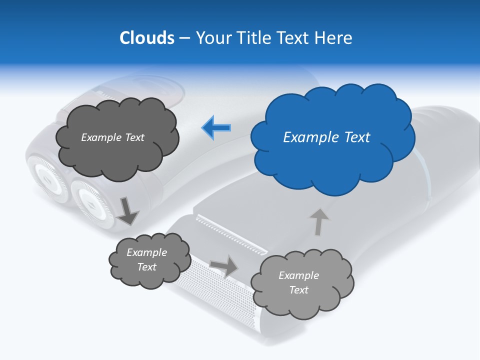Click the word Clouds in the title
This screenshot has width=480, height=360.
147,38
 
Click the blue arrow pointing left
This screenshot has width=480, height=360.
216,127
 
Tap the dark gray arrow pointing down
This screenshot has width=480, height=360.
127,210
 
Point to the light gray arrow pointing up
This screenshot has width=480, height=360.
318,221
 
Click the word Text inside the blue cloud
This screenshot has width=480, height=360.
357,137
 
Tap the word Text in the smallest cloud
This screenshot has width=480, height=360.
146,267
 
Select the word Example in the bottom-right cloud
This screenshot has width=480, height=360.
298,275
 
